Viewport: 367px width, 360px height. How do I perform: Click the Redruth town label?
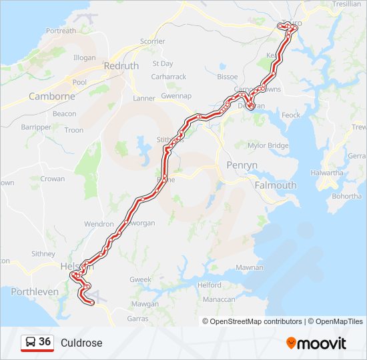[121, 66]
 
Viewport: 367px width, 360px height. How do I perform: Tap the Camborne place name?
[51, 97]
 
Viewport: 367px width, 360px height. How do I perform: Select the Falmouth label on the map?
[276, 185]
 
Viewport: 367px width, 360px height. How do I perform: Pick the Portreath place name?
[61, 31]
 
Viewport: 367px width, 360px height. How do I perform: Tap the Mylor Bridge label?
[268, 145]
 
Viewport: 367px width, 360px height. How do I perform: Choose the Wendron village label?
[99, 225]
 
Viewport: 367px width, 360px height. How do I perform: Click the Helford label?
[210, 285]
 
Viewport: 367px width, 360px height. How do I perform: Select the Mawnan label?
[250, 267]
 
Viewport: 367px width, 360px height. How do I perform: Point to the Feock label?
[291, 115]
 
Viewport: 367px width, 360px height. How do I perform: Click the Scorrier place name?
[152, 41]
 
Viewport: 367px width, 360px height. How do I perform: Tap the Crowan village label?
[53, 179]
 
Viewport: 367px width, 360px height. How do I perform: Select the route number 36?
[45, 342]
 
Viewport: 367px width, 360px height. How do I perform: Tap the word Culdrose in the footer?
[81, 343]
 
